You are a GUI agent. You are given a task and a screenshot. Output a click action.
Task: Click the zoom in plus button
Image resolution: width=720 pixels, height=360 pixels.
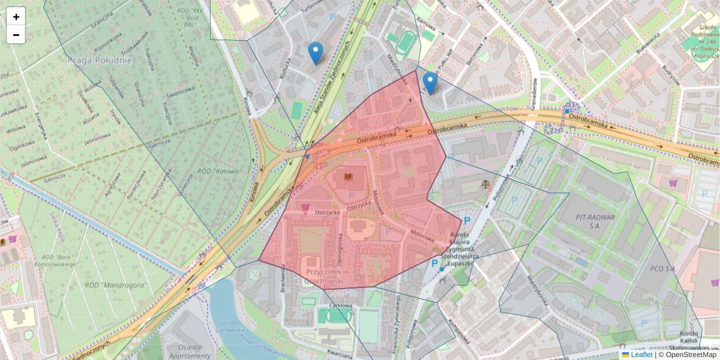click(16, 17)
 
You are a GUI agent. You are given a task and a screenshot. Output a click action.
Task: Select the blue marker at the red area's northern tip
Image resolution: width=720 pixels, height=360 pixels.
click(430, 83)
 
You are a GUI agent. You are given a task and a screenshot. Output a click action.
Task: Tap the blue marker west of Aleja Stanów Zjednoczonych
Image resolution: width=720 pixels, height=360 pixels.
click(315, 53)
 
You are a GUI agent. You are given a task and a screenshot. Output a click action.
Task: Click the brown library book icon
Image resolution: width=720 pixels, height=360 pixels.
click(347, 177)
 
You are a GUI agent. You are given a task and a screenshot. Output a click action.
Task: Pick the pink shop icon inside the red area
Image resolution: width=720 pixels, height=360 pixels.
click(305, 208)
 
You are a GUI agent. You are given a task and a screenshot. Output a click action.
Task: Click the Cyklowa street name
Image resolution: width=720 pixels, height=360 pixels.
click(341, 305)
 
